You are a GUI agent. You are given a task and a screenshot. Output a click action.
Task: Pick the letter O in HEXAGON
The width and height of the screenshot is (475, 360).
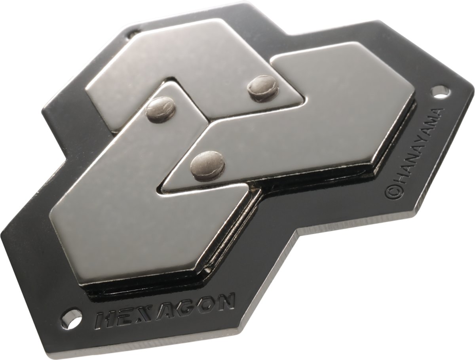pos(206,305)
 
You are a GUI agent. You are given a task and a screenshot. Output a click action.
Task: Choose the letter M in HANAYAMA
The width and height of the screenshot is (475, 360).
pos(433,124)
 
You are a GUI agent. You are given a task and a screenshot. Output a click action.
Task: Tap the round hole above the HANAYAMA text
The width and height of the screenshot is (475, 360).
pos(440,93)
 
